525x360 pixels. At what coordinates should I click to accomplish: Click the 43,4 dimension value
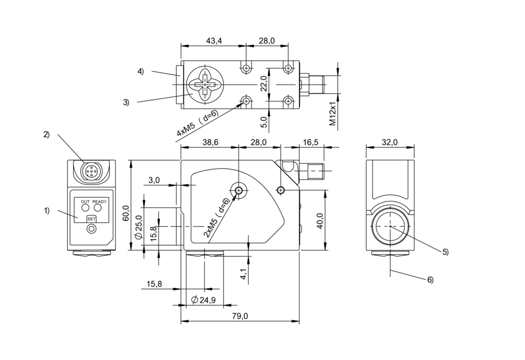tap(213, 41)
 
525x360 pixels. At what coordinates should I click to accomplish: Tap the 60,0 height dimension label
tap(126, 213)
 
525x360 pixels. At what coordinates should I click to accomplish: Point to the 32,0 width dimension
tap(390, 142)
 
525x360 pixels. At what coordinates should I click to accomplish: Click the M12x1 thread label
tap(333, 114)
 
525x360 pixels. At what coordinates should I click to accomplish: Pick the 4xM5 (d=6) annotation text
tap(197, 123)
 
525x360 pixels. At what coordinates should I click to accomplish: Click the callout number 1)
tap(46, 210)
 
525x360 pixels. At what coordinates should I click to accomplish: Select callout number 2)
tap(46, 134)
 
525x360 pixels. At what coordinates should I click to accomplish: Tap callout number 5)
tap(445, 252)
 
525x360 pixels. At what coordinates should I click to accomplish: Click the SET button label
tap(92, 219)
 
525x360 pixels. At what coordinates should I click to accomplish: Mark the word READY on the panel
tap(100, 201)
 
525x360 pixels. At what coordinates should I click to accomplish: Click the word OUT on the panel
tap(85, 201)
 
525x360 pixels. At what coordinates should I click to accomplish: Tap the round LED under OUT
tap(85, 208)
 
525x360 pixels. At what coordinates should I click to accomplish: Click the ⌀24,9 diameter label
tap(203, 300)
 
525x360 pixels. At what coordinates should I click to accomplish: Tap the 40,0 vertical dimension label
tap(320, 221)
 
